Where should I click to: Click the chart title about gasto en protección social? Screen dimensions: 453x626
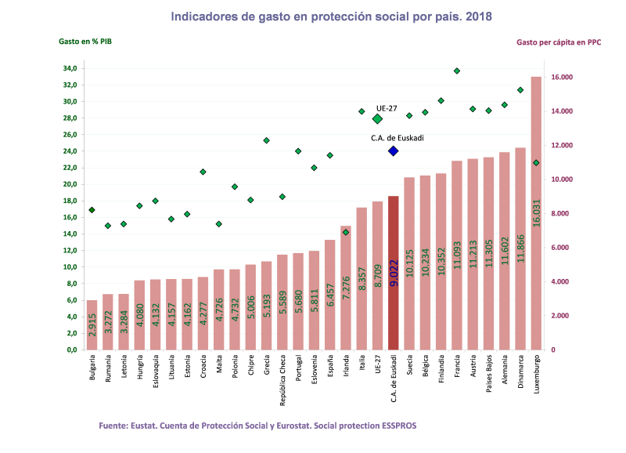pyautogui.click(x=331, y=16)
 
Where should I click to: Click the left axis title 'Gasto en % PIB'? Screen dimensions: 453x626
pyautogui.click(x=86, y=42)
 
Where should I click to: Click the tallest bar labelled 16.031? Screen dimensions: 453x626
pyautogui.click(x=536, y=212)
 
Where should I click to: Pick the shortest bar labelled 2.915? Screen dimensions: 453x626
pyautogui.click(x=92, y=324)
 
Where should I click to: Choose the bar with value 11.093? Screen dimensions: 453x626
pyautogui.click(x=457, y=255)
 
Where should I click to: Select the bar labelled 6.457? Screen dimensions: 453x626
pyautogui.click(x=329, y=294)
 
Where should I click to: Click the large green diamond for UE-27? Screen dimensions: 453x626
pyautogui.click(x=377, y=118)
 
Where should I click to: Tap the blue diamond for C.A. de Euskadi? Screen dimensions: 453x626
pyautogui.click(x=393, y=150)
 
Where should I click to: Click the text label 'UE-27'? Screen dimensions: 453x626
pyautogui.click(x=387, y=107)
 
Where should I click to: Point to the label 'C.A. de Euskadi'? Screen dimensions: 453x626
pyautogui.click(x=398, y=138)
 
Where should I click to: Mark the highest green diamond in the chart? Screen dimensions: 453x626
pyautogui.click(x=457, y=71)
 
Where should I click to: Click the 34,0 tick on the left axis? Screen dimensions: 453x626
pyautogui.click(x=70, y=69)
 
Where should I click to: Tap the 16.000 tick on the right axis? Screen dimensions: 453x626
pyautogui.click(x=563, y=78)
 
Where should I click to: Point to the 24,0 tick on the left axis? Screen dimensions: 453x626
pyautogui.click(x=70, y=151)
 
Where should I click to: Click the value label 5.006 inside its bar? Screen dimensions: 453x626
pyautogui.click(x=250, y=306)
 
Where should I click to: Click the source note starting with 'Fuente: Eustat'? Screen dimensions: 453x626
pyautogui.click(x=257, y=425)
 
